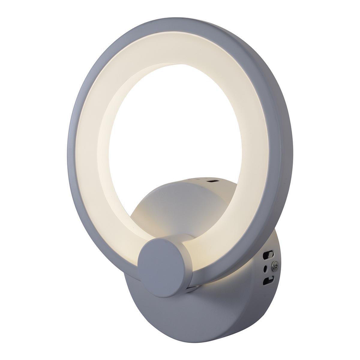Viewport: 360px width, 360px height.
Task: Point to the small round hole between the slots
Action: (x=265, y=268)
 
